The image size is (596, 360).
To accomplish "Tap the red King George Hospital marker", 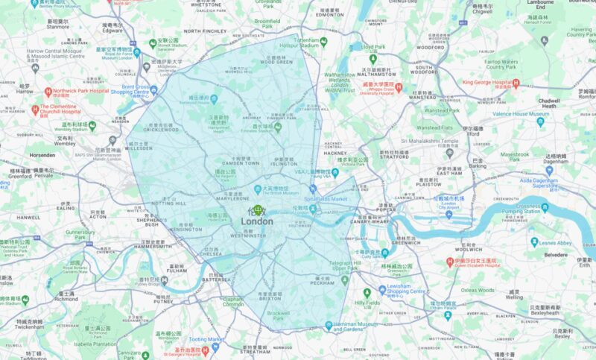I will click(457, 83).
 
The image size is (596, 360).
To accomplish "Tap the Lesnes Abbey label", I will click(555, 243).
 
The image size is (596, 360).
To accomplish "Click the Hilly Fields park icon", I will click(367, 293).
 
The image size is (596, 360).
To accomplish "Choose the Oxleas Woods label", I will click(478, 290).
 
